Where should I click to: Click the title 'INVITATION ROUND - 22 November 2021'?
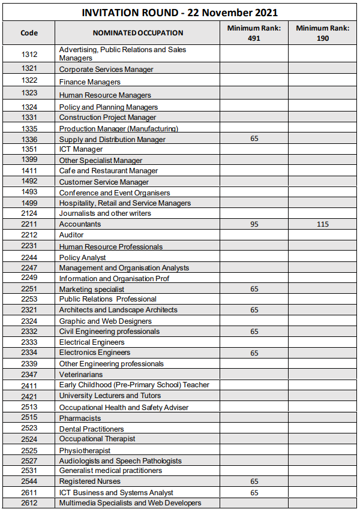[x=180, y=13]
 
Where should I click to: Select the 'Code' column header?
[x=29, y=33]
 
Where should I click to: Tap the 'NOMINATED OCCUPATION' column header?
[x=137, y=33]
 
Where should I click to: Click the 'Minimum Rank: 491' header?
[x=254, y=33]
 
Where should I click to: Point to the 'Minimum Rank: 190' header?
[x=323, y=33]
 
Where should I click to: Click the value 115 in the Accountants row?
[x=323, y=224]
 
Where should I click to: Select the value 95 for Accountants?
[x=254, y=224]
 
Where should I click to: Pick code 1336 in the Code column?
[x=29, y=139]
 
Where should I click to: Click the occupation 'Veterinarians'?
[x=80, y=375]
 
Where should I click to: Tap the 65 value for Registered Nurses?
[x=254, y=481]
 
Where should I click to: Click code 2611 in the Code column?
[x=29, y=492]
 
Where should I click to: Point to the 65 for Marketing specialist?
[x=254, y=289]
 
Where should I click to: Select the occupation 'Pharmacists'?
[x=80, y=418]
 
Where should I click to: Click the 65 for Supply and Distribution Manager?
[x=254, y=138]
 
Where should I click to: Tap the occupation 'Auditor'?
[x=71, y=235]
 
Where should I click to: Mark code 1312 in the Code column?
[x=29, y=54]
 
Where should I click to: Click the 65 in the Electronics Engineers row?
[x=254, y=353]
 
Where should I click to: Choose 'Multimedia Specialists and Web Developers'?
[x=130, y=503]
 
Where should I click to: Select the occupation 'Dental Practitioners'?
[x=91, y=429]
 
